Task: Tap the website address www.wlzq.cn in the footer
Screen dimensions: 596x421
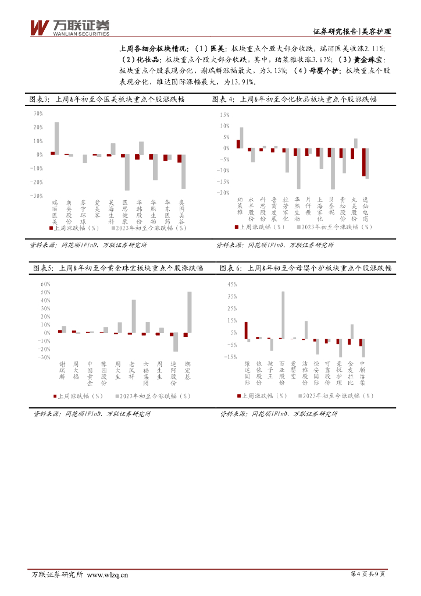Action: point(107,575)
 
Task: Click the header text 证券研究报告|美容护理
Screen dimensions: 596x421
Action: point(351,31)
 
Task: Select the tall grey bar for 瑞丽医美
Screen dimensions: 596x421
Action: point(57,139)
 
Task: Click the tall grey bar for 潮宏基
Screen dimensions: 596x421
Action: point(190,312)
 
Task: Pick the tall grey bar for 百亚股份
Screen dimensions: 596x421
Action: point(283,315)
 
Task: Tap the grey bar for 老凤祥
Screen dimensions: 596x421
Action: point(134,316)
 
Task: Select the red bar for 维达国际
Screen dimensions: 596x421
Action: point(246,330)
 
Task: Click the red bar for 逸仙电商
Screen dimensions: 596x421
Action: point(364,162)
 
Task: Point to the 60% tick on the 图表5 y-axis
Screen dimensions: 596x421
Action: point(45,284)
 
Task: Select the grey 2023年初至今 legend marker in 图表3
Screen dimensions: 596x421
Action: point(114,228)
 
